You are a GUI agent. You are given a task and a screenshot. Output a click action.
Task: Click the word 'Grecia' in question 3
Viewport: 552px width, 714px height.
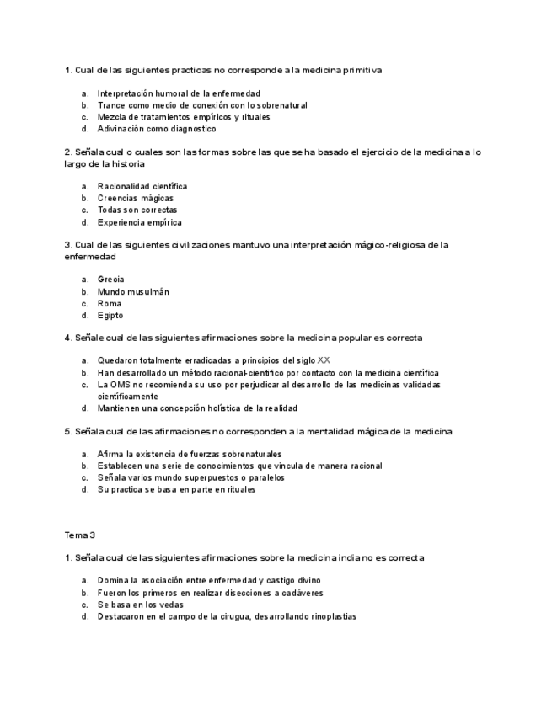(x=110, y=280)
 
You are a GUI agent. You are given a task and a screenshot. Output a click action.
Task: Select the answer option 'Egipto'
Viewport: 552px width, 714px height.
(x=110, y=316)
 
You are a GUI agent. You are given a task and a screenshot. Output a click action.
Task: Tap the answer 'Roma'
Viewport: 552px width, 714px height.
(x=110, y=304)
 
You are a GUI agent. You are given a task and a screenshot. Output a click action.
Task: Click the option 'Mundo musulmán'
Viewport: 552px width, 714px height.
(x=133, y=292)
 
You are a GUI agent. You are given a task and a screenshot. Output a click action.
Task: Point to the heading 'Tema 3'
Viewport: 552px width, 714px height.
(x=80, y=535)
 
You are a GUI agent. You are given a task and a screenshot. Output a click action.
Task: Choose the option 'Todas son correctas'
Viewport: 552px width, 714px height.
(x=137, y=210)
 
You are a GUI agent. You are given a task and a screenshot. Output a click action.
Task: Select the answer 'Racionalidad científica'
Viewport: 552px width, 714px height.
(x=142, y=186)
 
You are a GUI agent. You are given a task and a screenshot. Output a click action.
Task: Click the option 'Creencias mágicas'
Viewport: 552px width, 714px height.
(x=135, y=199)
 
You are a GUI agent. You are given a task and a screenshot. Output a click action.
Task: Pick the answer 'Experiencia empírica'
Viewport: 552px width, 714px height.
(x=139, y=223)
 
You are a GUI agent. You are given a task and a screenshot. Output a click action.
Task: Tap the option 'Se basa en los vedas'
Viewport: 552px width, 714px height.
(x=140, y=605)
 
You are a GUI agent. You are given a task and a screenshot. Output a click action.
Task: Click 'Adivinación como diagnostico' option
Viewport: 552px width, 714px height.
(x=157, y=130)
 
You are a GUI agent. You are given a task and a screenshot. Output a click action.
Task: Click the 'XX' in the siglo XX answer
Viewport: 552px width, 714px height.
(x=324, y=360)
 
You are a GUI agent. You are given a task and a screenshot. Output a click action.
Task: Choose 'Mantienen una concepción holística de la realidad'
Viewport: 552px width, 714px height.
(x=197, y=408)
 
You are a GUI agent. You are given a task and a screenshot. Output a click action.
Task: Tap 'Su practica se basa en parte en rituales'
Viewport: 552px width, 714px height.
(x=176, y=489)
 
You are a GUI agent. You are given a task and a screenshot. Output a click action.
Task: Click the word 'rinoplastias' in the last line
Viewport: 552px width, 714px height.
(x=331, y=616)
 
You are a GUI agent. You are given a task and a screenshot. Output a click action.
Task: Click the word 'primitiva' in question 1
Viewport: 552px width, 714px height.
(x=362, y=71)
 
